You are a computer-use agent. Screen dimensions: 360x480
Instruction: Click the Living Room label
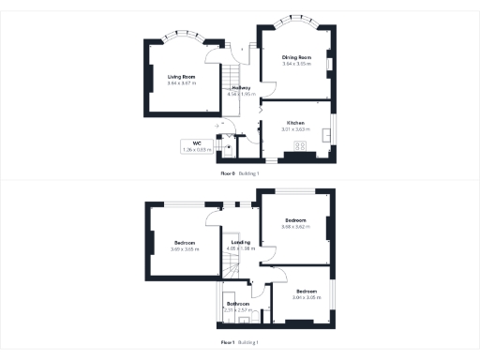[182, 76]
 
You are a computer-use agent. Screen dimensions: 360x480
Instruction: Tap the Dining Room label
[296, 58]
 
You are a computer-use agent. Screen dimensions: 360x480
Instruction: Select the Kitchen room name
[295, 124]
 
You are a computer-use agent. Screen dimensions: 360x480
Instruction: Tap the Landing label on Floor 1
[241, 242]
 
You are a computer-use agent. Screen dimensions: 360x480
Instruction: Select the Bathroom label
[238, 303]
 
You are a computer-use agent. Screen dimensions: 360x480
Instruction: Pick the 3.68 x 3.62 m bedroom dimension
[295, 226]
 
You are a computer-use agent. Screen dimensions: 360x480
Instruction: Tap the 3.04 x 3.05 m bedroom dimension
[306, 298]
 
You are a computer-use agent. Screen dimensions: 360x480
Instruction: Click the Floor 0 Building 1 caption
[240, 174]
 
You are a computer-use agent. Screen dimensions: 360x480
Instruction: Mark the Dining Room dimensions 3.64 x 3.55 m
[296, 65]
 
